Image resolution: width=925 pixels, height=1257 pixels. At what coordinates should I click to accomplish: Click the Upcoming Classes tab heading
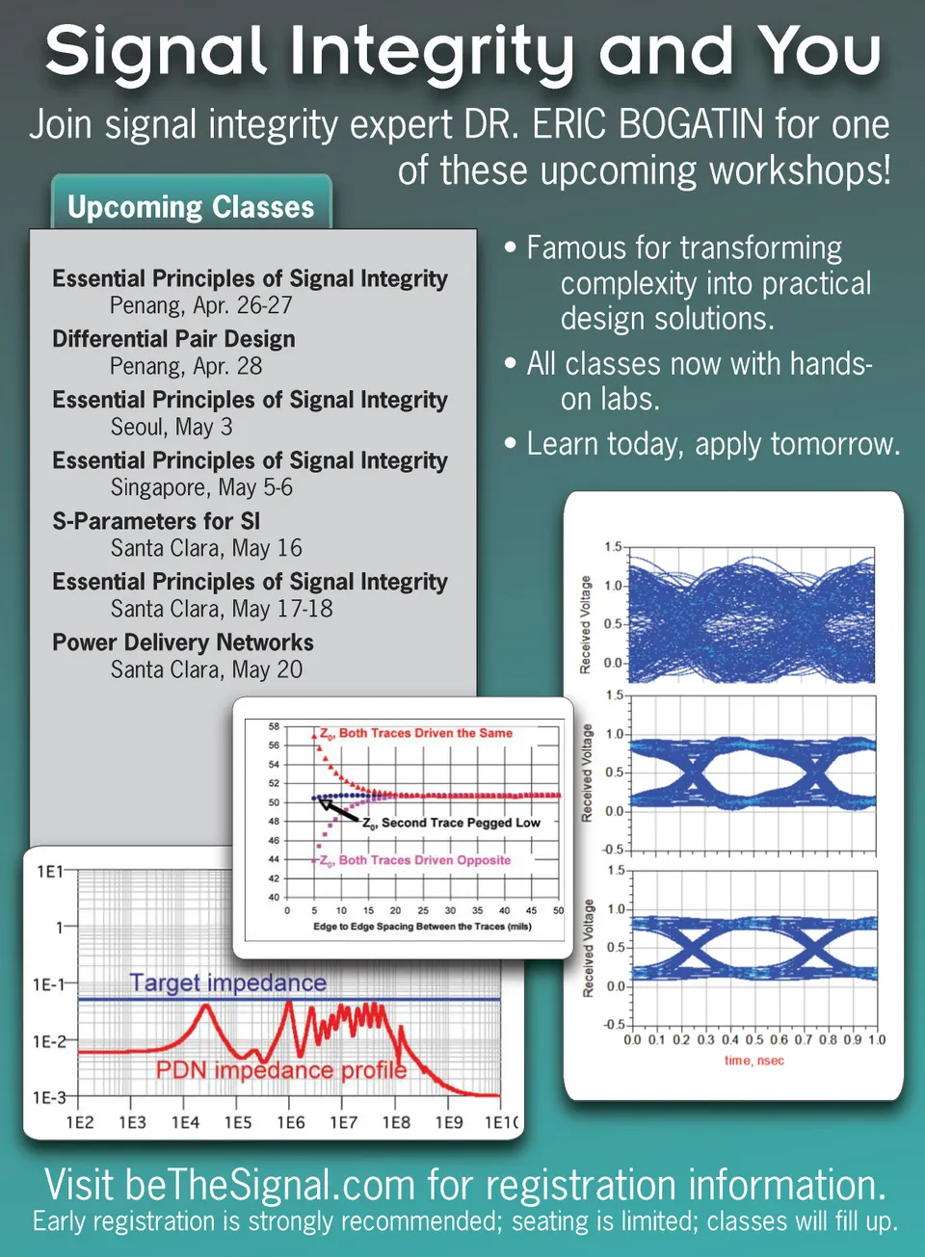tap(191, 207)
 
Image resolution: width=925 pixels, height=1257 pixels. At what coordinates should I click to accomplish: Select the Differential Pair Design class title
tap(174, 339)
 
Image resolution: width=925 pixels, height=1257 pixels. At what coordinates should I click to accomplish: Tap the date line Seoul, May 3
tap(172, 427)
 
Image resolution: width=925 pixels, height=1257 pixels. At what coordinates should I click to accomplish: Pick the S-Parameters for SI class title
tap(156, 521)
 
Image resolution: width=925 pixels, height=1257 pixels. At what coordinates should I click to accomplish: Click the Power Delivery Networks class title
tap(183, 642)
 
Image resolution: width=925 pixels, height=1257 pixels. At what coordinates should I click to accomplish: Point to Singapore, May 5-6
tap(201, 487)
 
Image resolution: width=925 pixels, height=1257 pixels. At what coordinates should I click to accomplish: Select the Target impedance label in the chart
tap(228, 982)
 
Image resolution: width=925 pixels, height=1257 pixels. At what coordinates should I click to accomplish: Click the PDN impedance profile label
tap(281, 1070)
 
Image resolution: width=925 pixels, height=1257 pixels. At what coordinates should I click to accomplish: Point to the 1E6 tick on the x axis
tap(290, 1123)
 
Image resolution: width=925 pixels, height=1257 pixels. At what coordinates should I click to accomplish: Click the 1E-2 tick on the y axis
tap(49, 1042)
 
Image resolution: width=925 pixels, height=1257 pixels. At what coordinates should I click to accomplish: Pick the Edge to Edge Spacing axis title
tap(422, 926)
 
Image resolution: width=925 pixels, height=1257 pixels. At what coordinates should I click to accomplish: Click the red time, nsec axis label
tap(753, 1061)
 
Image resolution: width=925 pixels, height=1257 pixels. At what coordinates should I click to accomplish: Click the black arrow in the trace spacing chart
tap(338, 810)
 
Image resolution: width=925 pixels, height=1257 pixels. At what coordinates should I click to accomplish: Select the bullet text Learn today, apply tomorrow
tap(713, 444)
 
